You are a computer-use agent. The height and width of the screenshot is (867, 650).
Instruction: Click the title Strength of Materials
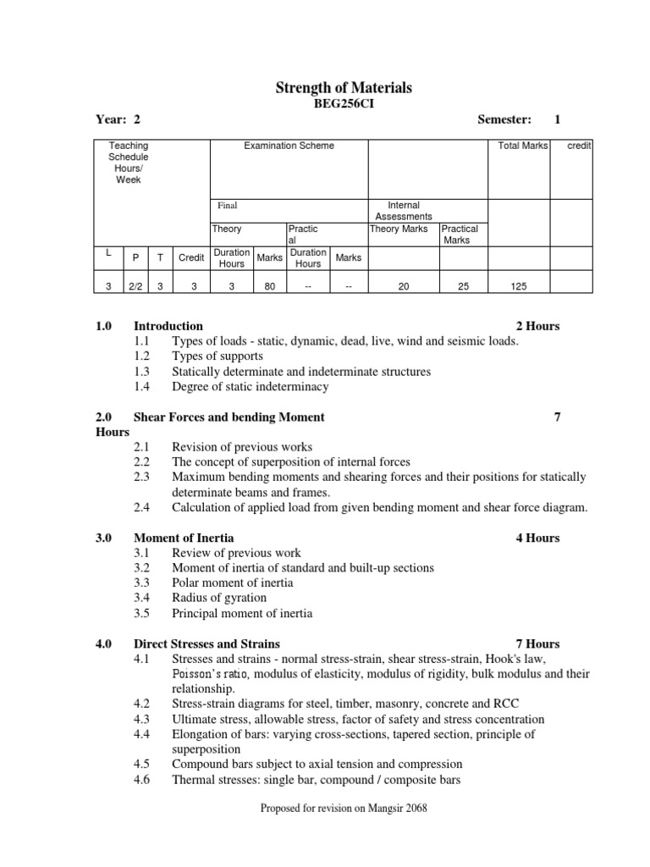click(x=344, y=88)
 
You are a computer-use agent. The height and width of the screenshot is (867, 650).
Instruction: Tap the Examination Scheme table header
click(x=289, y=146)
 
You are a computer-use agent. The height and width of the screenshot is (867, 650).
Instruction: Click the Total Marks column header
click(x=523, y=146)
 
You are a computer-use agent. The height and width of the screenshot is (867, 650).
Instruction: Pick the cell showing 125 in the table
click(x=518, y=287)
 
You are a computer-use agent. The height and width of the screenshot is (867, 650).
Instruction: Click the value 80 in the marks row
click(x=270, y=287)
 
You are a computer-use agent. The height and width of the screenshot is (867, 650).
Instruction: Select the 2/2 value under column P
click(x=135, y=287)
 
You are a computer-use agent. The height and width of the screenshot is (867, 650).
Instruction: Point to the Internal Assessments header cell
click(x=404, y=211)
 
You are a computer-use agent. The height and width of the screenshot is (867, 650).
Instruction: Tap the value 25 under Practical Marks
click(x=463, y=287)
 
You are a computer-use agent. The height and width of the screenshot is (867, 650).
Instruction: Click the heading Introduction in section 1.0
click(x=168, y=326)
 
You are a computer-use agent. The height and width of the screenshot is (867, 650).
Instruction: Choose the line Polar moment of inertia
click(x=233, y=583)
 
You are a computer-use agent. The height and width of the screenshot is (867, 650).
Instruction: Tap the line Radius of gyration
click(x=218, y=599)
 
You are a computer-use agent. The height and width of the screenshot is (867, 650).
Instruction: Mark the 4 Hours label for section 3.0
click(x=537, y=538)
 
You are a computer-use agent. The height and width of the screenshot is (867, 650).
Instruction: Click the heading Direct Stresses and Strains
click(x=207, y=644)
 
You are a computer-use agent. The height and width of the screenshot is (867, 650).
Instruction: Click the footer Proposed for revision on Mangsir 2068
click(x=344, y=809)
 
